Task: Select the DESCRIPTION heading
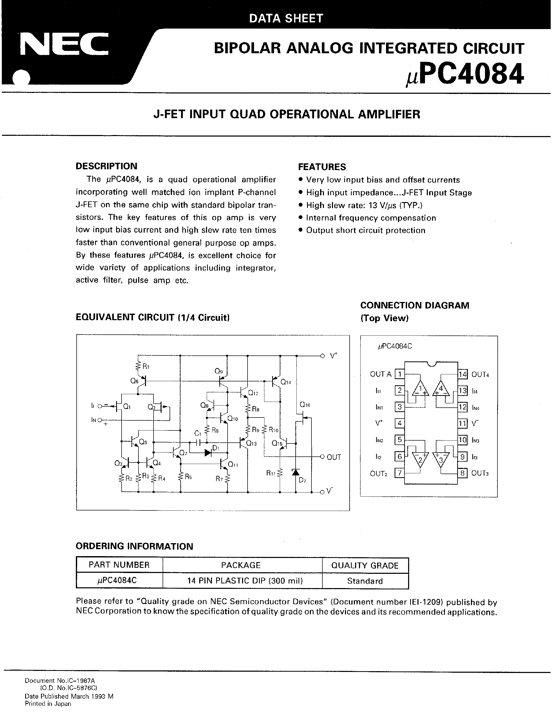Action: [x=106, y=166]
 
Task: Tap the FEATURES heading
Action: [x=322, y=167]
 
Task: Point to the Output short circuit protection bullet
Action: [x=365, y=231]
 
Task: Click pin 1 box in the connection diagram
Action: [x=399, y=374]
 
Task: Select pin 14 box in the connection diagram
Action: [x=462, y=374]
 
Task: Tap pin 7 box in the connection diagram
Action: [x=399, y=473]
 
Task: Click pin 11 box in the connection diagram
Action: [x=462, y=424]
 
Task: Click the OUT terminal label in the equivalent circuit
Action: [x=334, y=457]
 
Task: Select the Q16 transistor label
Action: [x=305, y=405]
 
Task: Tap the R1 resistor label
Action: [x=146, y=367]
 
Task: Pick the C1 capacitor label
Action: [x=197, y=434]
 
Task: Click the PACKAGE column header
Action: [x=241, y=565]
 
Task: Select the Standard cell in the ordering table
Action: [x=365, y=581]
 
